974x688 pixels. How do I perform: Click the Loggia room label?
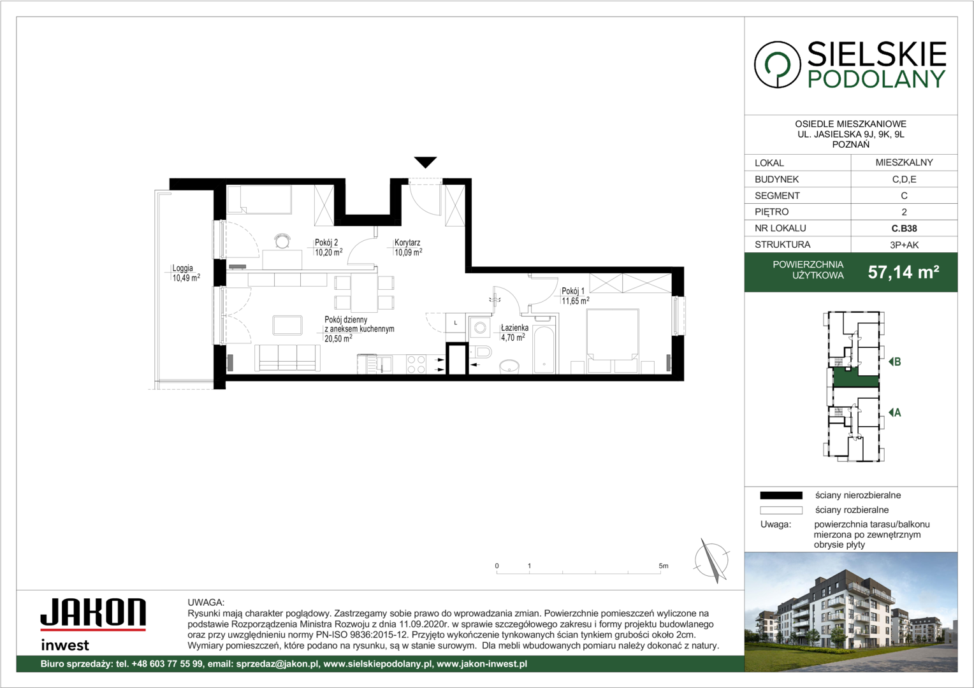182,268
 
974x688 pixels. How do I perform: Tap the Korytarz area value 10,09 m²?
409,252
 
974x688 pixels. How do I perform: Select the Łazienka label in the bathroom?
514,327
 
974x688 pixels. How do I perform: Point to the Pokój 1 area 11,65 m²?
576,300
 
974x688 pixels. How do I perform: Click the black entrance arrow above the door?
425,162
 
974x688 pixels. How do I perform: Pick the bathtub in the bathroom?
544,350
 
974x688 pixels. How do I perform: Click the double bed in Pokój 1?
612,341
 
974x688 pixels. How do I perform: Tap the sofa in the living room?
287,357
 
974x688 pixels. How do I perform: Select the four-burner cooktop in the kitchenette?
416,364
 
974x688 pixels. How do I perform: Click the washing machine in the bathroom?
479,327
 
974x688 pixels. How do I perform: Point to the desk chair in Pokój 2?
282,240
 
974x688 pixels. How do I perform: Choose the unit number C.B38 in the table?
904,228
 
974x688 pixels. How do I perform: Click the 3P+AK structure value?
904,245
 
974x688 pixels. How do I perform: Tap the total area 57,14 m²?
903,272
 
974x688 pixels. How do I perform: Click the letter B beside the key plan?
897,362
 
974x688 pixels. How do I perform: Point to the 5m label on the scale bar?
663,566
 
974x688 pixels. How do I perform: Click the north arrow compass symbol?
711,561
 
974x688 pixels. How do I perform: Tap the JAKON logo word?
93,612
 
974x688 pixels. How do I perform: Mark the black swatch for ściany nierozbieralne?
781,496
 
